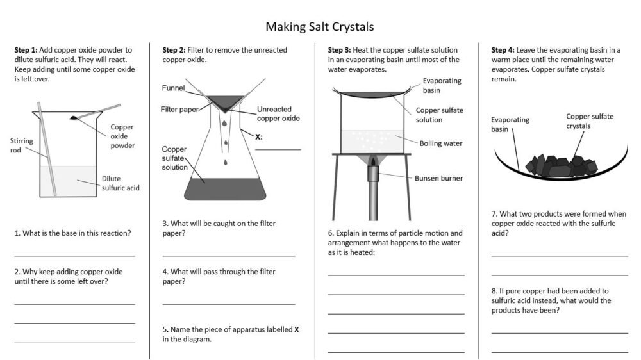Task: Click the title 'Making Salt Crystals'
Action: [x=319, y=27]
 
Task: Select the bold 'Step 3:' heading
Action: [x=339, y=50]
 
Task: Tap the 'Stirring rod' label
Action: [x=21, y=145]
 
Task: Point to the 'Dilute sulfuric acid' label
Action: [x=120, y=183]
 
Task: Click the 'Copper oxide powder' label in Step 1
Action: [x=122, y=136]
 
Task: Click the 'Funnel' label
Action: [x=173, y=88]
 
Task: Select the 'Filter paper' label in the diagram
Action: [x=179, y=110]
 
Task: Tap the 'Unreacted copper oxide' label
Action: [x=278, y=113]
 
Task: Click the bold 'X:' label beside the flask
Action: [x=259, y=136]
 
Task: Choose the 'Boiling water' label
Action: [x=440, y=143]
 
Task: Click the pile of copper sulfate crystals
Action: [x=555, y=165]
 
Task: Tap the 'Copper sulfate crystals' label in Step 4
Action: [x=589, y=121]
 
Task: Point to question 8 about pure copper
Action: [x=551, y=300]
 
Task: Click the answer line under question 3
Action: [x=229, y=256]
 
